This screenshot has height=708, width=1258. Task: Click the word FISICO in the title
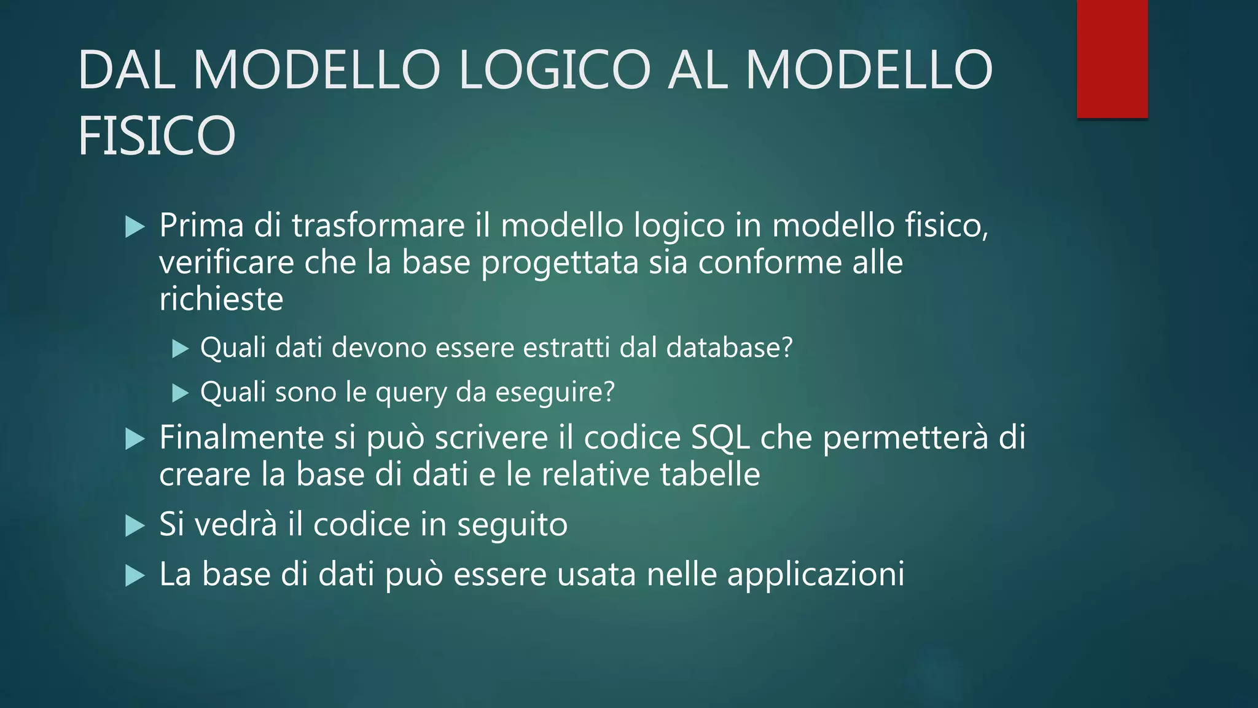coord(157,136)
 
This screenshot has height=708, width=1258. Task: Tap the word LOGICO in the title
coord(554,69)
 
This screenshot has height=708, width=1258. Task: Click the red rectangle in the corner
coord(1112,59)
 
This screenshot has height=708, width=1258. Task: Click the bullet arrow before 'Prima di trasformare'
coord(135,227)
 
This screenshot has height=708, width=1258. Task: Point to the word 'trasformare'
coord(378,225)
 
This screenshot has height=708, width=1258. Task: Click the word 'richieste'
coord(221,299)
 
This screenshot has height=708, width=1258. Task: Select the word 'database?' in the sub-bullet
coord(730,348)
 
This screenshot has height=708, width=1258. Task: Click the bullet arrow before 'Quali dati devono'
coord(180,349)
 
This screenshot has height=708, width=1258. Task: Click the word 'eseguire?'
coord(555,393)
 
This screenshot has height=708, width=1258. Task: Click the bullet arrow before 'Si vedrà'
coord(135,526)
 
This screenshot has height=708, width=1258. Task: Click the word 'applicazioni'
coord(816,575)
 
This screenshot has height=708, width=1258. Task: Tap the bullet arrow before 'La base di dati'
coord(135,576)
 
